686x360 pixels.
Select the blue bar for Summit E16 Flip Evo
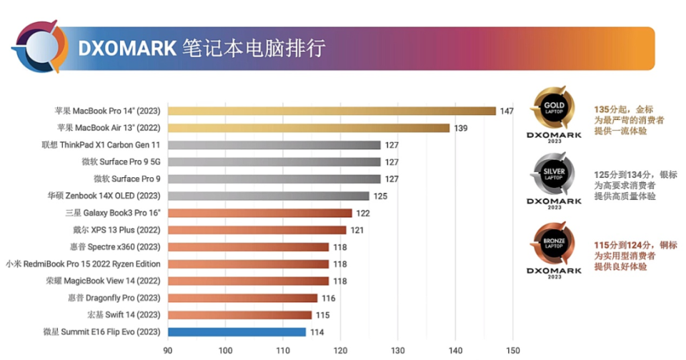[x=237, y=332]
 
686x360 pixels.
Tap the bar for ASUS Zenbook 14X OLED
[x=268, y=196]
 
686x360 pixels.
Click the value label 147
[x=507, y=111]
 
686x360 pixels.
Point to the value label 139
[x=461, y=128]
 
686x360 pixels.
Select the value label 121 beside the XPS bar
[x=357, y=230]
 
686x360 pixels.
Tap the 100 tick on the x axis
[x=225, y=351]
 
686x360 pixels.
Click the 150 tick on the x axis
[x=512, y=351]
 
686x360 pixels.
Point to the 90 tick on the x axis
[x=168, y=351]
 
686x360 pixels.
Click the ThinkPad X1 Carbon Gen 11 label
[x=101, y=145]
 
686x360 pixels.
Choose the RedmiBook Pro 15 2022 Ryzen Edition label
[x=83, y=264]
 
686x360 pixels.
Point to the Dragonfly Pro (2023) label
[x=114, y=298]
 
